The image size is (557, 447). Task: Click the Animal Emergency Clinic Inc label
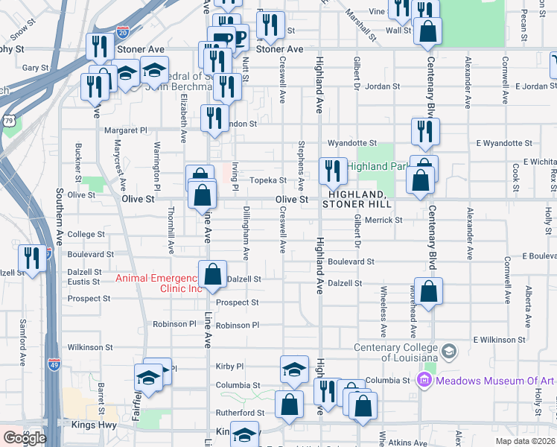tap(158, 284)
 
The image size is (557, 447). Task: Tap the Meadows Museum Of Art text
tap(496, 381)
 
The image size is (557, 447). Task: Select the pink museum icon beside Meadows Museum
tap(425, 381)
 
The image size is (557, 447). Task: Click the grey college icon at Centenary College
tap(449, 350)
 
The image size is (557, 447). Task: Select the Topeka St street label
tap(267, 180)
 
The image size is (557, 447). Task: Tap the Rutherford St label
tap(240, 413)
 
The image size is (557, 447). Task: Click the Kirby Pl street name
tap(229, 367)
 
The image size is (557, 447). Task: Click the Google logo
tap(24, 438)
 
